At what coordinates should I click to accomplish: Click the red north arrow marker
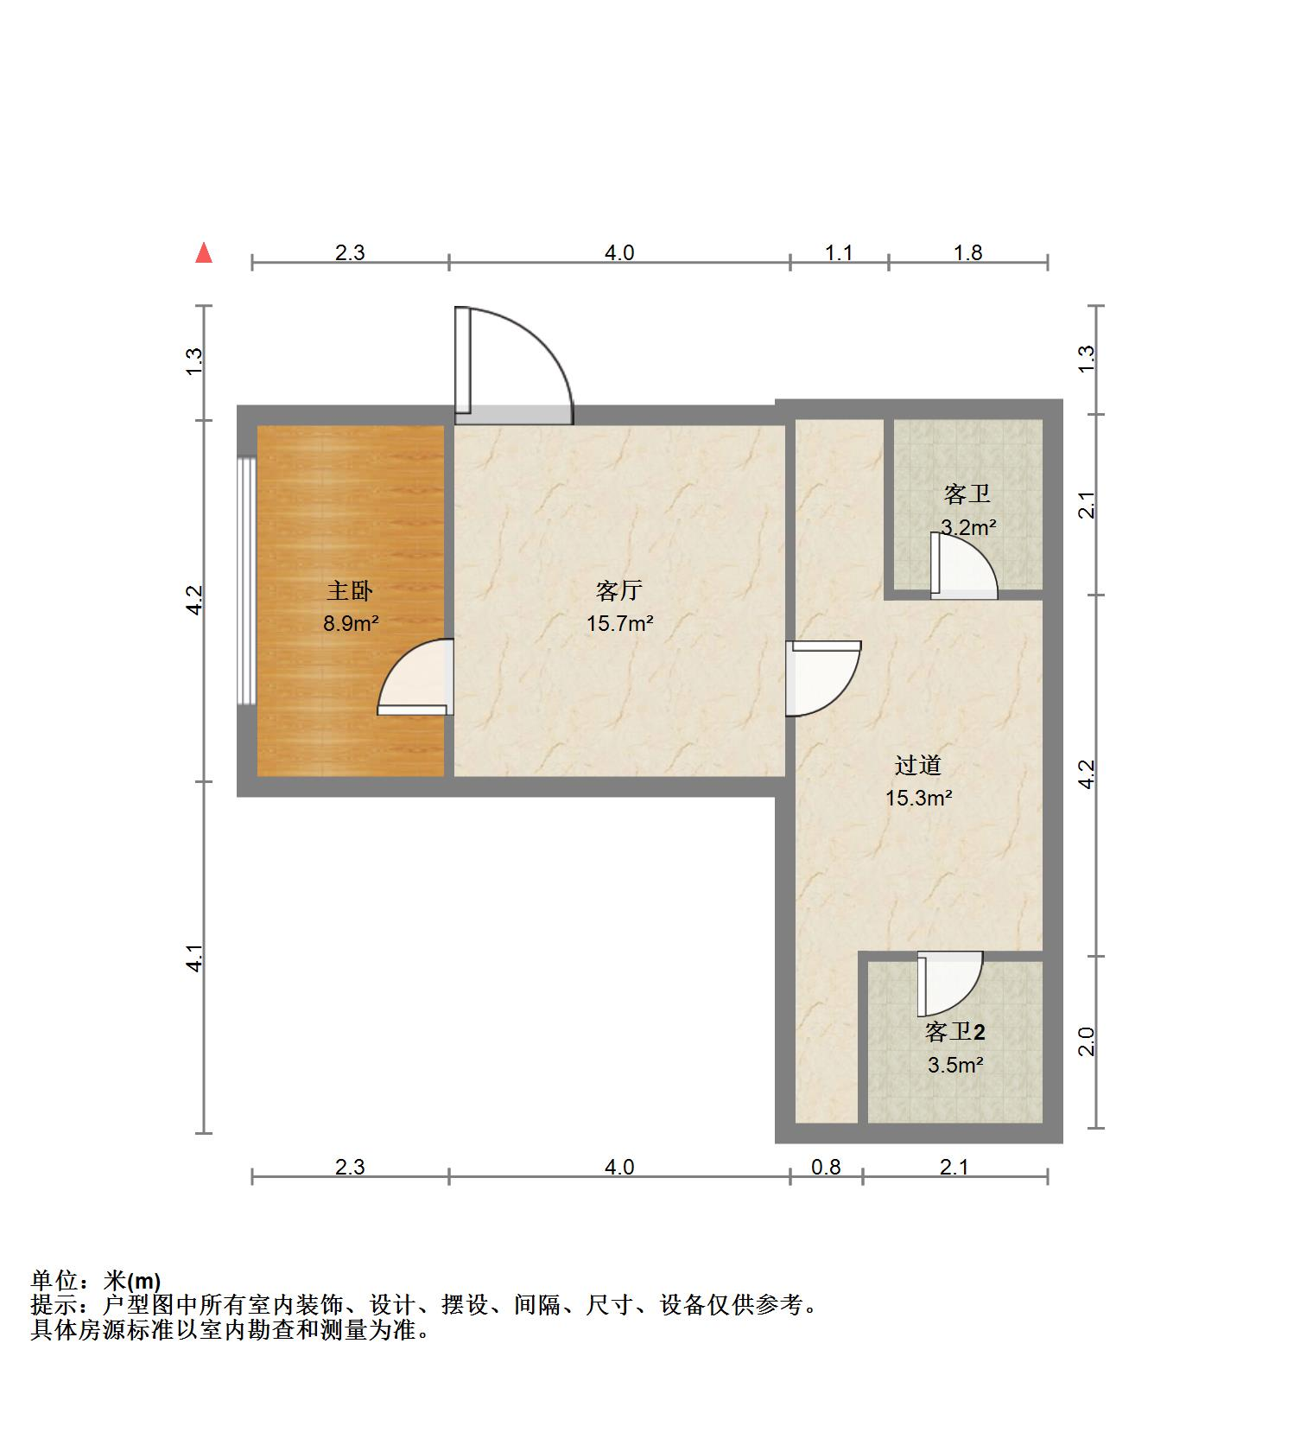(204, 252)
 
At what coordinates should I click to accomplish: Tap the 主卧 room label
(350, 591)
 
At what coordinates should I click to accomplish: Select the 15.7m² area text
(619, 623)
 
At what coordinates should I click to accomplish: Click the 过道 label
(917, 766)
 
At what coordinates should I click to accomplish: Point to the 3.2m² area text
(968, 527)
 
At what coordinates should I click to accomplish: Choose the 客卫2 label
(954, 1032)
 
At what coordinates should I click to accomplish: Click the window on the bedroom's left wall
(247, 581)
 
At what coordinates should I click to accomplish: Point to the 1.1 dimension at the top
(839, 253)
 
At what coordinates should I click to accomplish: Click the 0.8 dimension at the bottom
(826, 1168)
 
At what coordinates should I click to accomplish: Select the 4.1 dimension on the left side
(196, 958)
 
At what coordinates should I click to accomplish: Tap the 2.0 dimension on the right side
(1088, 1041)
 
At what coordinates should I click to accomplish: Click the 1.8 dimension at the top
(967, 253)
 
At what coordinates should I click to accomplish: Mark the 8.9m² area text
(351, 623)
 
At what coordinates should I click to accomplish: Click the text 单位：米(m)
(96, 1281)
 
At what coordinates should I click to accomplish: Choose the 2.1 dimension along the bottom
(954, 1168)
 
